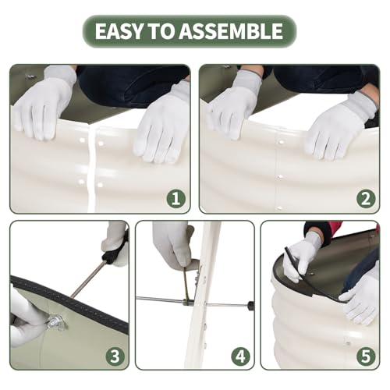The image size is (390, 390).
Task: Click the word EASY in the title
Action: click(x=119, y=31)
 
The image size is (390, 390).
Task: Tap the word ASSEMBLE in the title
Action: click(x=231, y=31)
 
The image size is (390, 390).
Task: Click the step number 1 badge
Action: click(x=176, y=198)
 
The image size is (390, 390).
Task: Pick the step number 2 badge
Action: click(x=366, y=198)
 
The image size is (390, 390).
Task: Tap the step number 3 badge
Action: click(x=115, y=356)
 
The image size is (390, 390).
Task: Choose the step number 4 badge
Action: click(x=240, y=356)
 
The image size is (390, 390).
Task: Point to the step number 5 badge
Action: click(x=366, y=356)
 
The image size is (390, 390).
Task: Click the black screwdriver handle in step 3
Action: click(x=112, y=252)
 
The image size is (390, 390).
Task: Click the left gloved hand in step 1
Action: click(x=43, y=104)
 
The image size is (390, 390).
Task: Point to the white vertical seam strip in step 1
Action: click(x=91, y=169)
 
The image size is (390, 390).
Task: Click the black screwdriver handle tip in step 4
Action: click(x=251, y=305)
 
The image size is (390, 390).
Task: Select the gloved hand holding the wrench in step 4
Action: click(x=173, y=246)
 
